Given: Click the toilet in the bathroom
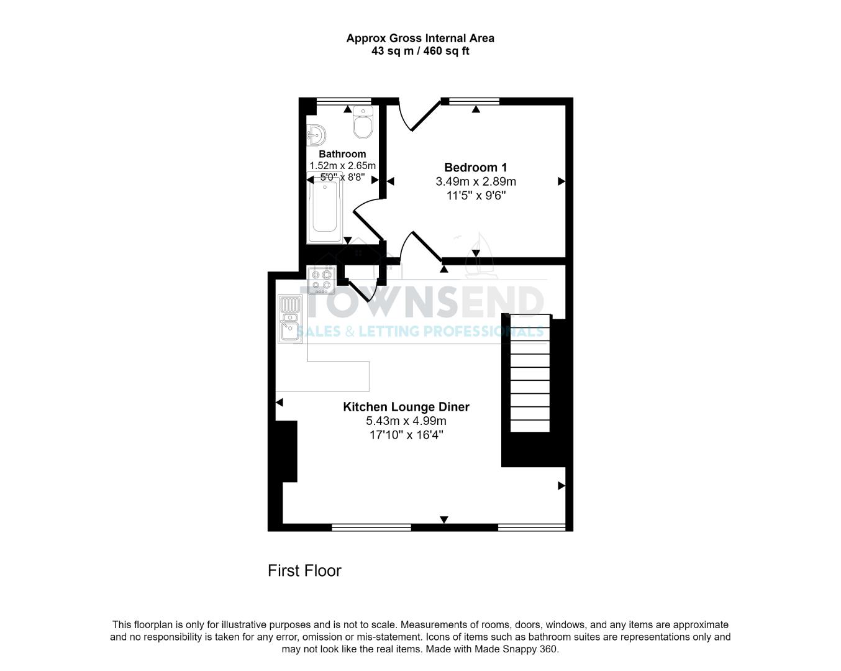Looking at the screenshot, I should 362,122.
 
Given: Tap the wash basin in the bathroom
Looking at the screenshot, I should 316,134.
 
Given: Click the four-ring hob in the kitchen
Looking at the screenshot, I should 322,280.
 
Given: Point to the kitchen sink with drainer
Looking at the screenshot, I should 289,319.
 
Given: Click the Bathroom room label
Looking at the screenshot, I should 342,154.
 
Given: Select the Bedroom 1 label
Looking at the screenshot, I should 476,167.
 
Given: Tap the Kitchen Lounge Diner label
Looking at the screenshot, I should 406,407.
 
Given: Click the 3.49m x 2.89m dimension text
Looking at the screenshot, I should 476,181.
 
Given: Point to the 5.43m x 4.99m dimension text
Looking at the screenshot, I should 406,421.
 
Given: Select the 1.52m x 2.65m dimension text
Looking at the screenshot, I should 342,166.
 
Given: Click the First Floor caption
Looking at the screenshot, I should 304,570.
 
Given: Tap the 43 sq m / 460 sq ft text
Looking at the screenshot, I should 420,51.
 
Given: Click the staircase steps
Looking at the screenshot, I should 530,373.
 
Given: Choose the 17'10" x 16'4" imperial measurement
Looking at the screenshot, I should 406,435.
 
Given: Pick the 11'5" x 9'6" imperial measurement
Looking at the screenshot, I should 476,196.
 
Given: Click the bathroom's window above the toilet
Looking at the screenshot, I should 343,101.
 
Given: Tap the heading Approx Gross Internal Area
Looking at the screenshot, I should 420,38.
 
